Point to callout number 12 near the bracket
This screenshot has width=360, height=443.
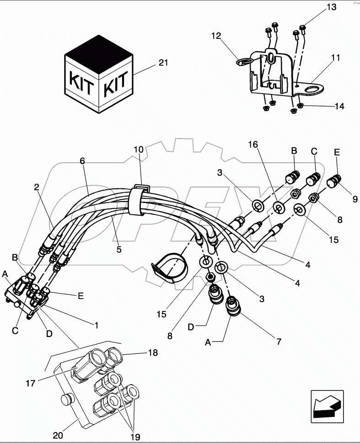[x=216, y=36]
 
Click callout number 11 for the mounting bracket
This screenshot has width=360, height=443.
[x=336, y=58]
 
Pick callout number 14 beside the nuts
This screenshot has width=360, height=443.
[x=339, y=106]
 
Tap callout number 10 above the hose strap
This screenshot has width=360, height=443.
[x=139, y=149]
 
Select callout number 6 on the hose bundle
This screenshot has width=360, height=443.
[x=82, y=161]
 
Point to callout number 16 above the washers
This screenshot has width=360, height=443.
[x=253, y=144]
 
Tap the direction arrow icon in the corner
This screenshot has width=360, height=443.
[x=327, y=404]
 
